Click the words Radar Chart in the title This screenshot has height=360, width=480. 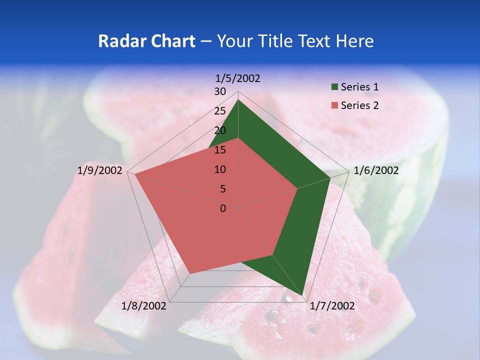(x=146, y=41)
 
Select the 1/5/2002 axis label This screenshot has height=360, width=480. (x=238, y=78)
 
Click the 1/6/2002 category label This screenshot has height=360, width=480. (x=376, y=170)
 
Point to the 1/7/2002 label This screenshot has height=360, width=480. (x=332, y=306)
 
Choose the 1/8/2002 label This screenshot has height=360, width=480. (x=144, y=306)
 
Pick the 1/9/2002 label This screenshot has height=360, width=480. (x=100, y=170)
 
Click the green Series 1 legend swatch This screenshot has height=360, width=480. (x=334, y=87)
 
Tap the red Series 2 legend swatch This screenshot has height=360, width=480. (x=334, y=105)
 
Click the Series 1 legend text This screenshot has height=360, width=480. (x=359, y=87)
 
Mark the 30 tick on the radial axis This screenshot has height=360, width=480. (x=220, y=91)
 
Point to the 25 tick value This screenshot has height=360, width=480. (x=220, y=111)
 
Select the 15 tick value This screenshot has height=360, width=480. (x=220, y=150)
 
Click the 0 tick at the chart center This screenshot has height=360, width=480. (x=223, y=208)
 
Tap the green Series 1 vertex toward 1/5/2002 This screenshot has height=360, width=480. (x=238, y=100)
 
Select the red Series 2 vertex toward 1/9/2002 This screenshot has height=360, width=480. (x=135, y=174)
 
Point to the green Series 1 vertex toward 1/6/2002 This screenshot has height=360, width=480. (x=330, y=177)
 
